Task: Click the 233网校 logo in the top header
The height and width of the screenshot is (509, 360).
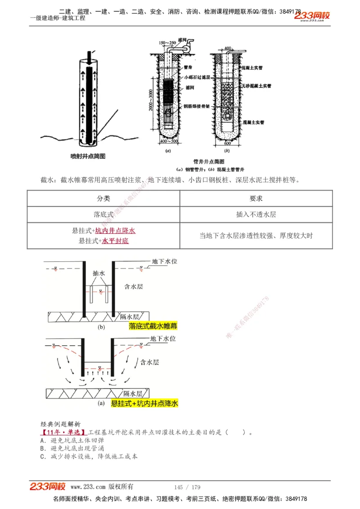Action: click(312, 16)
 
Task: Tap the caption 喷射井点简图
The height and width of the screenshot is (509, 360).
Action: click(88, 156)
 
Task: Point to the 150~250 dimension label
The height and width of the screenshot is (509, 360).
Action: click(167, 43)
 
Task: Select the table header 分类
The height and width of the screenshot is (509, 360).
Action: click(103, 198)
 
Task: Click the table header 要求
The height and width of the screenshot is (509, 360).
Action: click(256, 198)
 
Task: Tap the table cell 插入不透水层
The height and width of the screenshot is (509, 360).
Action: click(256, 214)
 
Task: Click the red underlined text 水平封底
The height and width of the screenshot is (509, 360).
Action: click(115, 241)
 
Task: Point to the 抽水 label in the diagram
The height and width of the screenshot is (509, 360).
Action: click(99, 273)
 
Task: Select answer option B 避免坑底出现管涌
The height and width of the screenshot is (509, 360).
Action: click(72, 448)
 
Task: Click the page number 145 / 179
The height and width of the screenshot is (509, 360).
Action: click(187, 487)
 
